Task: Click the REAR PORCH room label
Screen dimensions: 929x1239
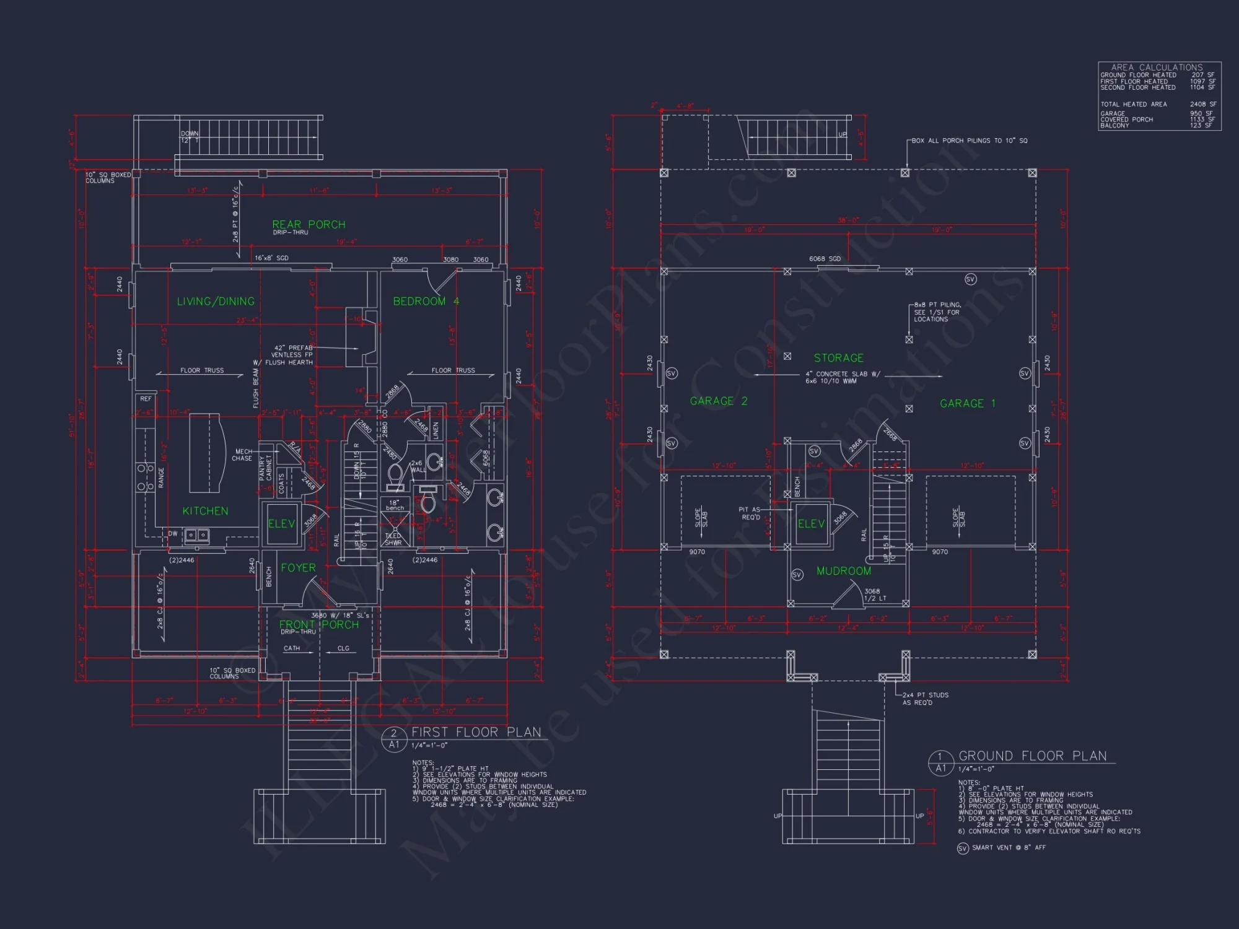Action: (309, 224)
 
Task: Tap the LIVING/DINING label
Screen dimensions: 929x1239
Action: (216, 302)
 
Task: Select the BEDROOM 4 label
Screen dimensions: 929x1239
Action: (426, 302)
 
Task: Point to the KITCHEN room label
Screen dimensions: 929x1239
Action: (205, 511)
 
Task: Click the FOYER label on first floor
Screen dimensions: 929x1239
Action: (298, 568)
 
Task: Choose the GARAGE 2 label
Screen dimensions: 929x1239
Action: (719, 401)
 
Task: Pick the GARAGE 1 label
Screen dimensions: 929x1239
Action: (968, 404)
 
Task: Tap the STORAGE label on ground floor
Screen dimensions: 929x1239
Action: (838, 358)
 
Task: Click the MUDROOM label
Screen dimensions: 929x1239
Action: (843, 571)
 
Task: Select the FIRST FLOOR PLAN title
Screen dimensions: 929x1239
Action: (476, 732)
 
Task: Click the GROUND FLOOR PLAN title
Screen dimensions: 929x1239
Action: (1032, 756)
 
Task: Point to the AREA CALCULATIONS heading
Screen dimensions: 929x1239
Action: (1157, 67)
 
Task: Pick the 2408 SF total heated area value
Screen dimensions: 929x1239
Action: (1202, 104)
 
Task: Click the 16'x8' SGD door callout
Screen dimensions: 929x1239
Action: (271, 258)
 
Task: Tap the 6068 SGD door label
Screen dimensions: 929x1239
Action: (825, 259)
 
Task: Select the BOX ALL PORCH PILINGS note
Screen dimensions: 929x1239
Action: (969, 141)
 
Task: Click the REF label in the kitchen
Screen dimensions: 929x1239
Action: (146, 399)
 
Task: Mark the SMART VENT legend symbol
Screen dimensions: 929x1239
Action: (962, 848)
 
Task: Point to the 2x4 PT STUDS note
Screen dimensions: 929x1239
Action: (925, 699)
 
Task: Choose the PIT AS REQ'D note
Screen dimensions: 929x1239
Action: (750, 513)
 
